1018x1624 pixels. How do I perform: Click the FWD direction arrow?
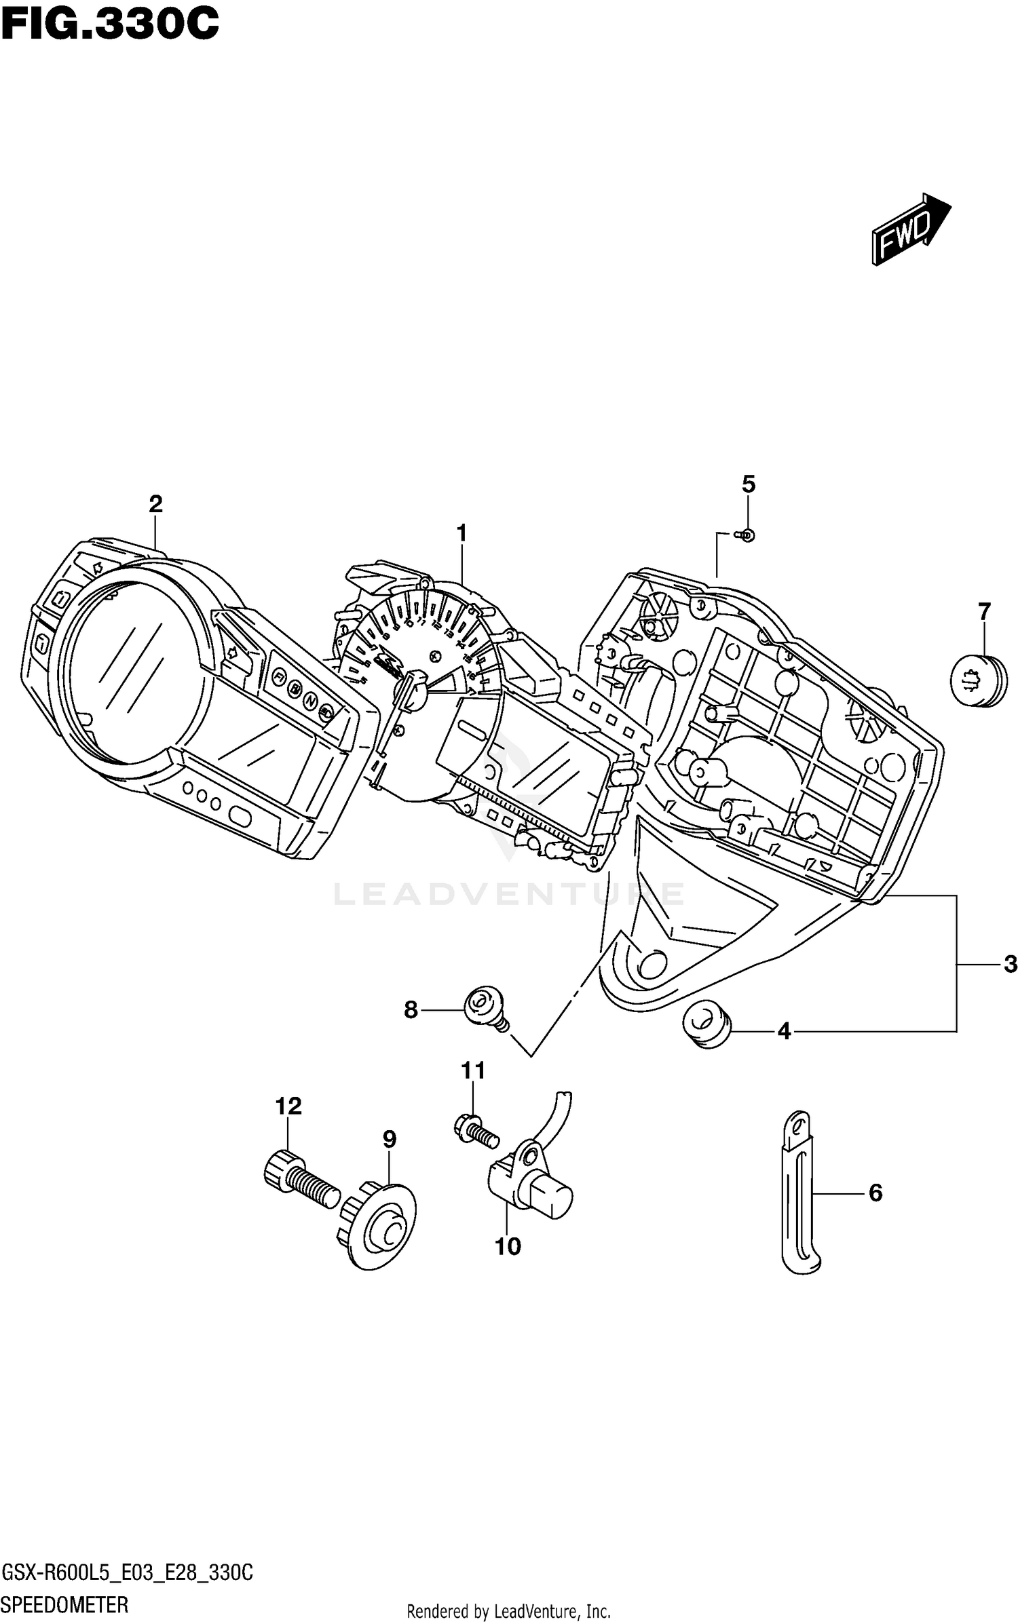pyautogui.click(x=910, y=229)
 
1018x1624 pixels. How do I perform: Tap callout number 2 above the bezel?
pyautogui.click(x=155, y=504)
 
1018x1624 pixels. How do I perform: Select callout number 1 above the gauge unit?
pyautogui.click(x=461, y=534)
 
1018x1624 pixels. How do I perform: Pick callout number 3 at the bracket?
pyautogui.click(x=1010, y=964)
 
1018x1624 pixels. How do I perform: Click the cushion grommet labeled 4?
pyautogui.click(x=707, y=1024)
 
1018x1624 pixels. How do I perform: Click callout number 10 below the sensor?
pyautogui.click(x=508, y=1246)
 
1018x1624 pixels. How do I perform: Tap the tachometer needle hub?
pyautogui.click(x=415, y=691)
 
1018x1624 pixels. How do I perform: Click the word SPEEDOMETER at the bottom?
pyautogui.click(x=65, y=1605)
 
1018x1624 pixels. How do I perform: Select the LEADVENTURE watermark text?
pyautogui.click(x=509, y=894)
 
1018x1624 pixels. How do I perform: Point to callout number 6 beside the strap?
pyautogui.click(x=875, y=1193)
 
